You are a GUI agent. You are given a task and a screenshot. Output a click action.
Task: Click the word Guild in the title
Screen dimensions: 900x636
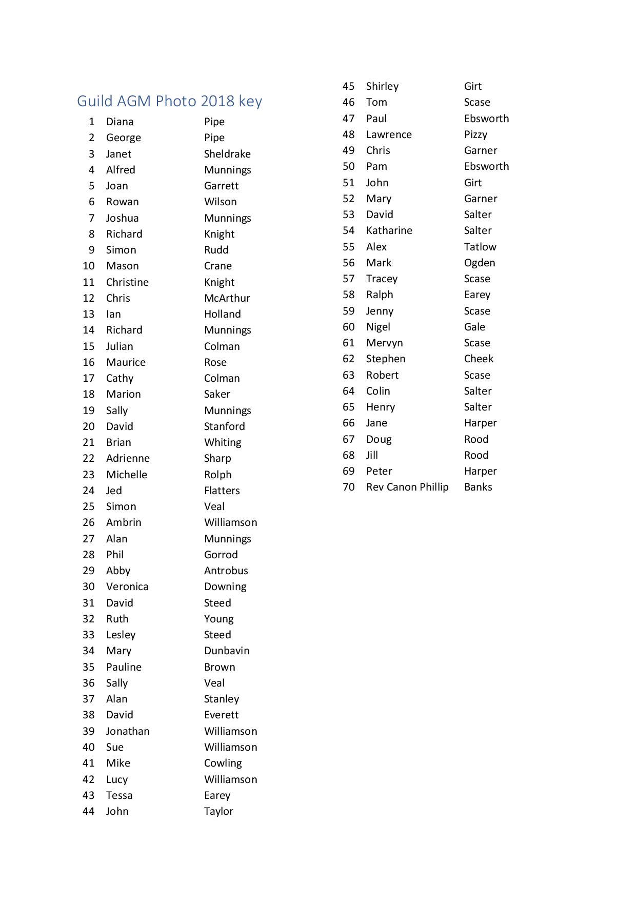pyautogui.click(x=95, y=101)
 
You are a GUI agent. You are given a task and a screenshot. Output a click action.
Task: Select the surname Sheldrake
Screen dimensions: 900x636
pyautogui.click(x=227, y=154)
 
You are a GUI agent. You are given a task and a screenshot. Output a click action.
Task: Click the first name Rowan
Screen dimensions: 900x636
pyautogui.click(x=122, y=202)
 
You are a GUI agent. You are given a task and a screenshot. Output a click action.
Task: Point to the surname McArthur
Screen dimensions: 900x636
pyautogui.click(x=227, y=298)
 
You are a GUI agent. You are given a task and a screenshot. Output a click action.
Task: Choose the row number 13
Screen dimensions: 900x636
pyautogui.click(x=89, y=314)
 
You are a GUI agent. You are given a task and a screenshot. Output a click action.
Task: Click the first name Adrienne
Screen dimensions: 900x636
pyautogui.click(x=128, y=458)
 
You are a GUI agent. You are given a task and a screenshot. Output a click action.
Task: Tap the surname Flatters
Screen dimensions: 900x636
pyautogui.click(x=222, y=491)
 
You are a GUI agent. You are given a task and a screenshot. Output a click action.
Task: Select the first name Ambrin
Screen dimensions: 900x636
pyautogui.click(x=124, y=522)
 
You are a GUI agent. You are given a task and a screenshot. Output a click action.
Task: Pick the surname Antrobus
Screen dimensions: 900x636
pyautogui.click(x=226, y=571)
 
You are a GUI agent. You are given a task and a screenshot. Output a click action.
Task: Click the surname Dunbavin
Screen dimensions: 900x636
pyautogui.click(x=227, y=651)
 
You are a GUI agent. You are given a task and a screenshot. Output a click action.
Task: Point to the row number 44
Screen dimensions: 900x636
pyautogui.click(x=89, y=811)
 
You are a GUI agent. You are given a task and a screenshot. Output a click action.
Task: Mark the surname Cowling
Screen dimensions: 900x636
pyautogui.click(x=223, y=763)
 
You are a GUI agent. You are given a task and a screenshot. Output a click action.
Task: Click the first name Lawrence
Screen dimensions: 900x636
pyautogui.click(x=389, y=134)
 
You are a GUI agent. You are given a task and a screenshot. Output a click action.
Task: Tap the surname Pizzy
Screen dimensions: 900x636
pyautogui.click(x=475, y=134)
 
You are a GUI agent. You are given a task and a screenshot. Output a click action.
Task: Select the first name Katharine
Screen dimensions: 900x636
pyautogui.click(x=389, y=230)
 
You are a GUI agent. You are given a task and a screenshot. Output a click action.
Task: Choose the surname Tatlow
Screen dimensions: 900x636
pyautogui.click(x=480, y=247)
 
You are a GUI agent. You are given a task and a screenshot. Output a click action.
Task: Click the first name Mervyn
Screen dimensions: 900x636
pyautogui.click(x=384, y=343)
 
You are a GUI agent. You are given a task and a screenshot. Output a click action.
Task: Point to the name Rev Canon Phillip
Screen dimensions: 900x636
pyautogui.click(x=407, y=487)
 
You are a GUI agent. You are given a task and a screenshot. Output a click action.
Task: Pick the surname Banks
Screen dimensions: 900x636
pyautogui.click(x=478, y=487)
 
